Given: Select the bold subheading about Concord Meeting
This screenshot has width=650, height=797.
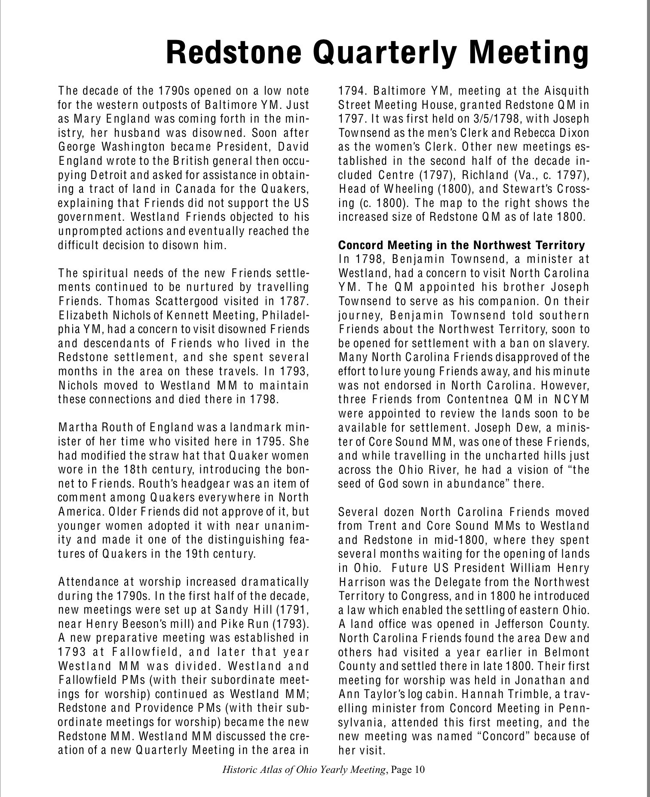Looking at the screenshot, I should point(461,245).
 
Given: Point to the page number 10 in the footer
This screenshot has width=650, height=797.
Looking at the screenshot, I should point(420,770).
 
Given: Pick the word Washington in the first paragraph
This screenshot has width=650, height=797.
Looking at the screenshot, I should point(129,147).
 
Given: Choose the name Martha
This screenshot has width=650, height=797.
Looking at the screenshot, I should point(73,428).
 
